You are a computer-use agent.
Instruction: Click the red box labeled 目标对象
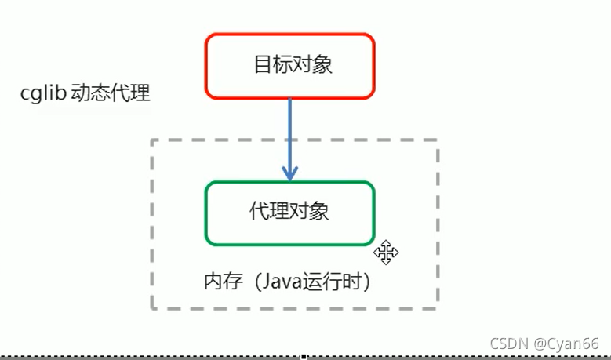289,66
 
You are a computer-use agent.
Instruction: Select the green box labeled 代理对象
289,213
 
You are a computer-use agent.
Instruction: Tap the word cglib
43,94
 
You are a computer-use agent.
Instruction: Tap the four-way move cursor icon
386,252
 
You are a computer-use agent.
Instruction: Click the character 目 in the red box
262,64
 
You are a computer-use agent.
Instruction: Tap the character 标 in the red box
280,64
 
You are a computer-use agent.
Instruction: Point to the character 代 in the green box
259,211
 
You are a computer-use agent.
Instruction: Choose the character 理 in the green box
278,211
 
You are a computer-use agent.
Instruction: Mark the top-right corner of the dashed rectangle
437,140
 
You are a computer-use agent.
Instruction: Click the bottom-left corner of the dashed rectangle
152,307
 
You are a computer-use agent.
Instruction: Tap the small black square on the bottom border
304,357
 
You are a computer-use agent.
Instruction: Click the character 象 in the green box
318,211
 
